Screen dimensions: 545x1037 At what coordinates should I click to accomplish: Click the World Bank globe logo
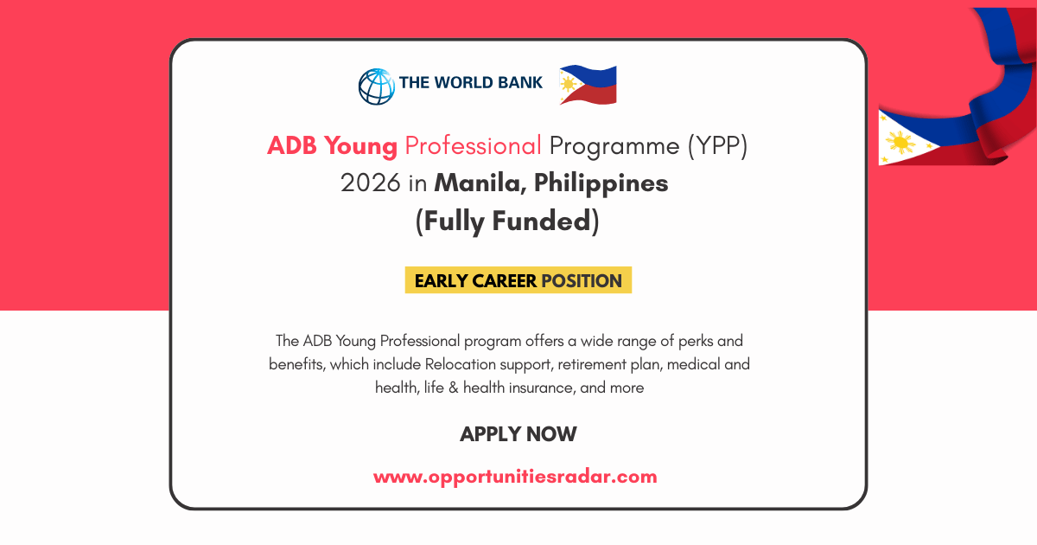[376, 86]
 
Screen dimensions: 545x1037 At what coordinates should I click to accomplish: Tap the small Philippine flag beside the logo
[588, 85]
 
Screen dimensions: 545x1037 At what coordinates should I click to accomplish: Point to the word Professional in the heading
[473, 145]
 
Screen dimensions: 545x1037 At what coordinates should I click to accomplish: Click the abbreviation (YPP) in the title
[717, 145]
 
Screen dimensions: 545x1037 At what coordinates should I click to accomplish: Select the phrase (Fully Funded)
[507, 221]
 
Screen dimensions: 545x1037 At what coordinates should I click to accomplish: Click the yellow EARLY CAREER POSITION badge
[518, 280]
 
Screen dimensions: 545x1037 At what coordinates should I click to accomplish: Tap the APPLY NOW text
[518, 433]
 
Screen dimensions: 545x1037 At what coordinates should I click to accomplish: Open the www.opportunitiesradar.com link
[515, 476]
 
